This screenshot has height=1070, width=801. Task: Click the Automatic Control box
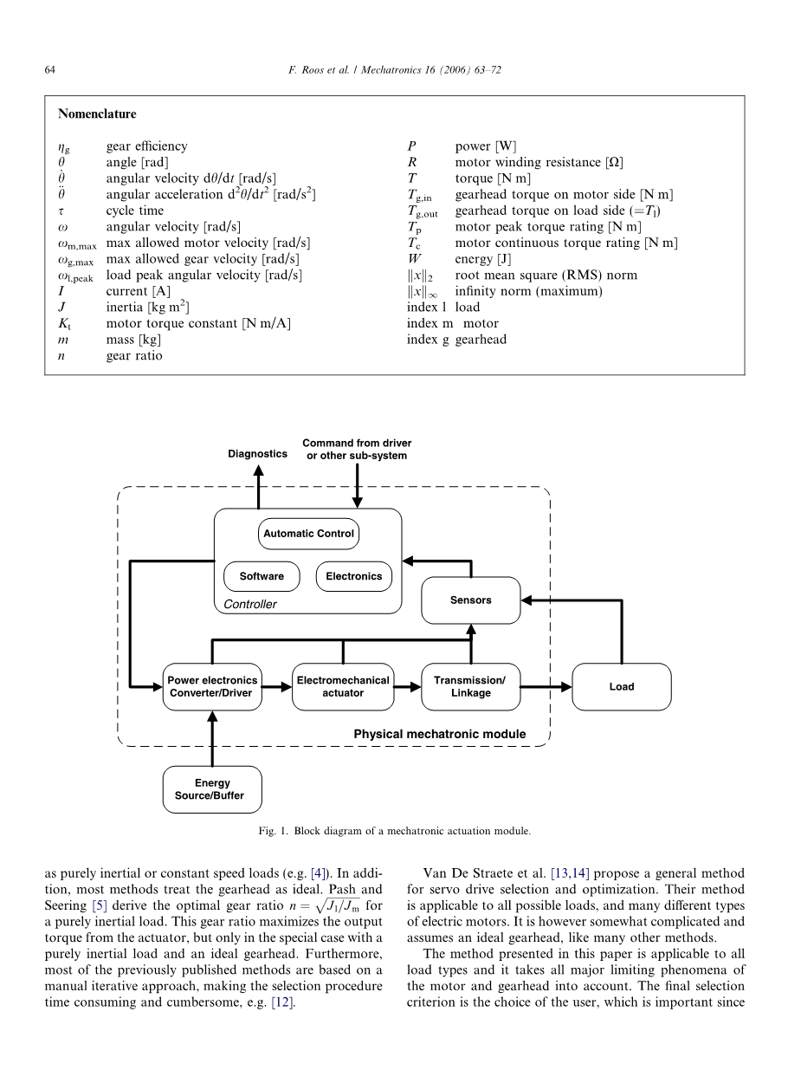(x=308, y=534)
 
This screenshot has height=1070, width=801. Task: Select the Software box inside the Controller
(x=262, y=576)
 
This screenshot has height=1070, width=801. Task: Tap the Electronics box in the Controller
(x=354, y=576)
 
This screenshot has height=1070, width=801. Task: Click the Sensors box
(x=470, y=600)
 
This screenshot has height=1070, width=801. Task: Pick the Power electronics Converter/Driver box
(x=212, y=686)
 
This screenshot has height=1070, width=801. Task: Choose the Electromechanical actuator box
(x=343, y=686)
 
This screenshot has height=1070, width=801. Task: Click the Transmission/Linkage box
(x=470, y=686)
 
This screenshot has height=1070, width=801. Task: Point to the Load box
(x=621, y=686)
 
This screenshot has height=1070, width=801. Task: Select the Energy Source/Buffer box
(x=211, y=789)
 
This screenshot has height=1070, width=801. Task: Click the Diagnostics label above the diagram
(x=257, y=454)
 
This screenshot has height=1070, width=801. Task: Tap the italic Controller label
(x=250, y=604)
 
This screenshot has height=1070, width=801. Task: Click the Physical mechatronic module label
(x=439, y=734)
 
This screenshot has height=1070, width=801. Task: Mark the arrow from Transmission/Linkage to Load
(x=546, y=686)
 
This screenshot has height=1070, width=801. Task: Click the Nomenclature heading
(x=97, y=113)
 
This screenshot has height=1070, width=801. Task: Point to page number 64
(x=50, y=70)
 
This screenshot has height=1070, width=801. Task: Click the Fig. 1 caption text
(x=400, y=831)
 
